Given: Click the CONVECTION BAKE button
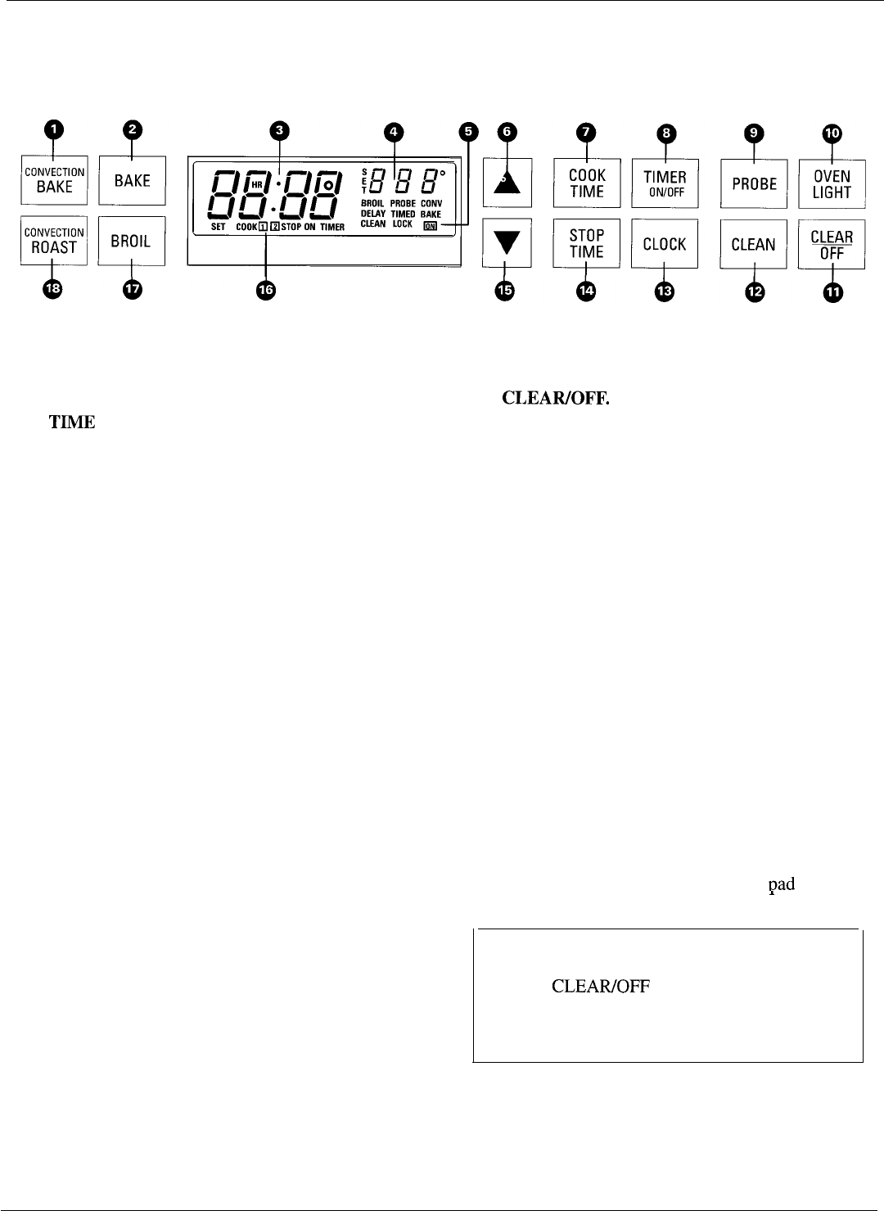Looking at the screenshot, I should [54, 180].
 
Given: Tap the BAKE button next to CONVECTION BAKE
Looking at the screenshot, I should [132, 180].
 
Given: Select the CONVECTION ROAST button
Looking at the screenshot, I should [54, 241].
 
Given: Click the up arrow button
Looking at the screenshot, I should [504, 183].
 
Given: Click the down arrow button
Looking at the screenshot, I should [504, 242].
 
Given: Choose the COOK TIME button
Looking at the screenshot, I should [586, 183].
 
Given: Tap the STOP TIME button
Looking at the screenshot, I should [586, 243].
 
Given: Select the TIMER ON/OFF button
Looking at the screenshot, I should [665, 183].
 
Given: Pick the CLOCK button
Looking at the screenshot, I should [665, 244].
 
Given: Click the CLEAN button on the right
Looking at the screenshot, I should [753, 244].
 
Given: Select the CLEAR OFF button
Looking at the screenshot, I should [832, 244].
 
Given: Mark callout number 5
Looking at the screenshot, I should [467, 132].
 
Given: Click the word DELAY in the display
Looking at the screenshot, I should [373, 213].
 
